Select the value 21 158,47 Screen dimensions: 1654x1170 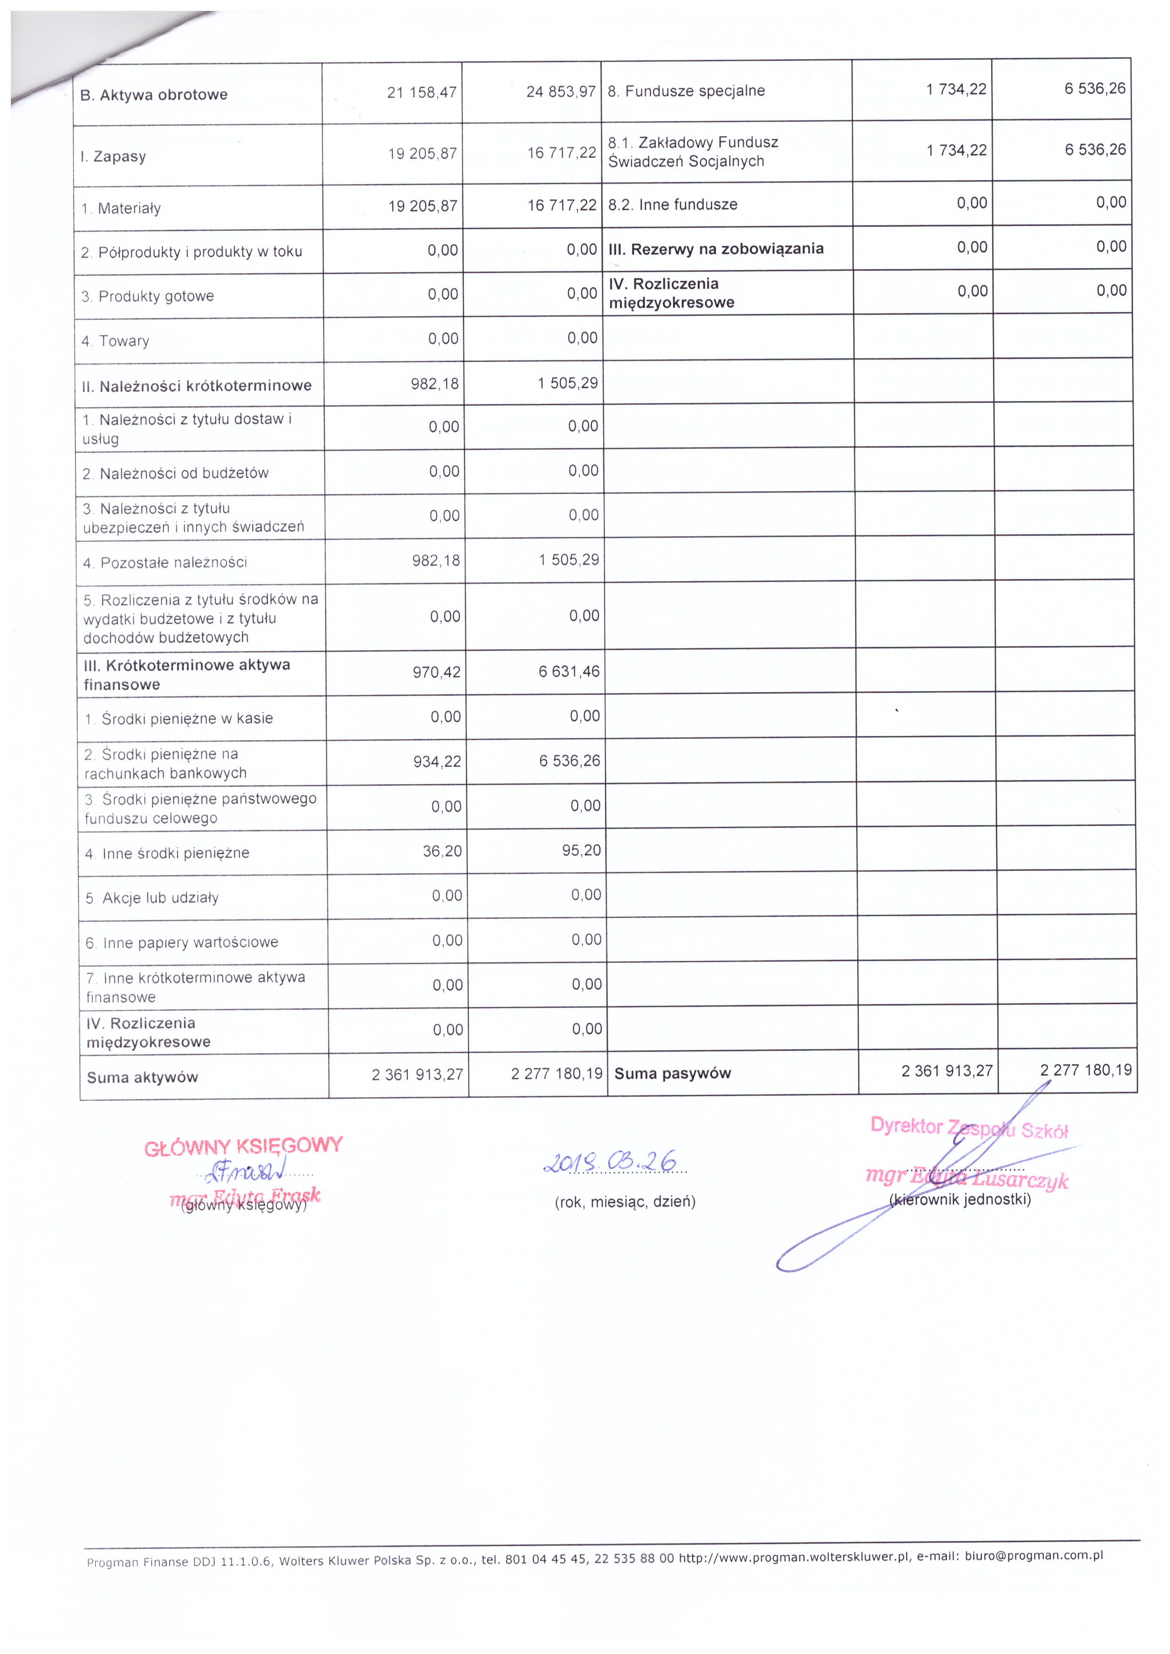(x=422, y=92)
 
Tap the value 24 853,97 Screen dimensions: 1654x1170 (x=561, y=91)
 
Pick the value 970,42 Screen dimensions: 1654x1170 (x=436, y=672)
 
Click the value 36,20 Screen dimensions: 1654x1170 (x=442, y=851)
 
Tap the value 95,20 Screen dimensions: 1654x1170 (x=581, y=850)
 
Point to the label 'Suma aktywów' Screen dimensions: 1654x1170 (x=142, y=1078)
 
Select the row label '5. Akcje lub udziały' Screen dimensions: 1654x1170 (x=151, y=898)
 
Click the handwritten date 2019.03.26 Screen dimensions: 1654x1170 (x=610, y=1161)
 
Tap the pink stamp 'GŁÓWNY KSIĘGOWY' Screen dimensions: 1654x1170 (x=243, y=1146)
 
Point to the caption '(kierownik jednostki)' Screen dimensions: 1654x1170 (x=960, y=1199)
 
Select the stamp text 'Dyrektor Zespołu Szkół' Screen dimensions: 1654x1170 (x=969, y=1128)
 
